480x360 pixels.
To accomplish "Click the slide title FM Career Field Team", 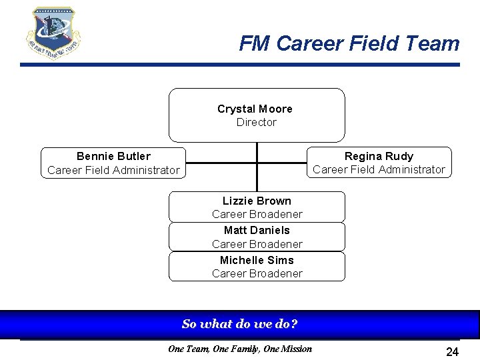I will (349, 44).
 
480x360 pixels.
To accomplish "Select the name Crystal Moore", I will (255, 109).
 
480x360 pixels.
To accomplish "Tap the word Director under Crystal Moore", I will (256, 122).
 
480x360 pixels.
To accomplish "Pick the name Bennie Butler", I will (113, 156).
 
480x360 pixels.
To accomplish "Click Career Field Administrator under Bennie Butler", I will (113, 170).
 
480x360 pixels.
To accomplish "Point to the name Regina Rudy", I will (379, 156).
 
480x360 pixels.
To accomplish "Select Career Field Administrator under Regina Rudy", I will (379, 169).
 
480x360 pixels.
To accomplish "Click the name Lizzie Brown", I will (257, 201).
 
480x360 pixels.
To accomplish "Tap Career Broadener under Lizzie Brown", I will (257, 214).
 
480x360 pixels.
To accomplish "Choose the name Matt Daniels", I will (257, 230).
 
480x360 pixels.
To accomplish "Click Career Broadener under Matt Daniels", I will (257, 244).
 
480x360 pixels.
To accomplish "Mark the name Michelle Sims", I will (257, 260).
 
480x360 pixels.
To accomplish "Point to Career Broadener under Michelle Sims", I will (257, 273).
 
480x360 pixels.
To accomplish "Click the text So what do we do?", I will (239, 325).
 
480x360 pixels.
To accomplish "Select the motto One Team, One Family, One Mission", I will (239, 349).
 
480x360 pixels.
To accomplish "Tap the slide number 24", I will (452, 351).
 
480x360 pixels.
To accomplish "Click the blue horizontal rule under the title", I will (240, 65).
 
